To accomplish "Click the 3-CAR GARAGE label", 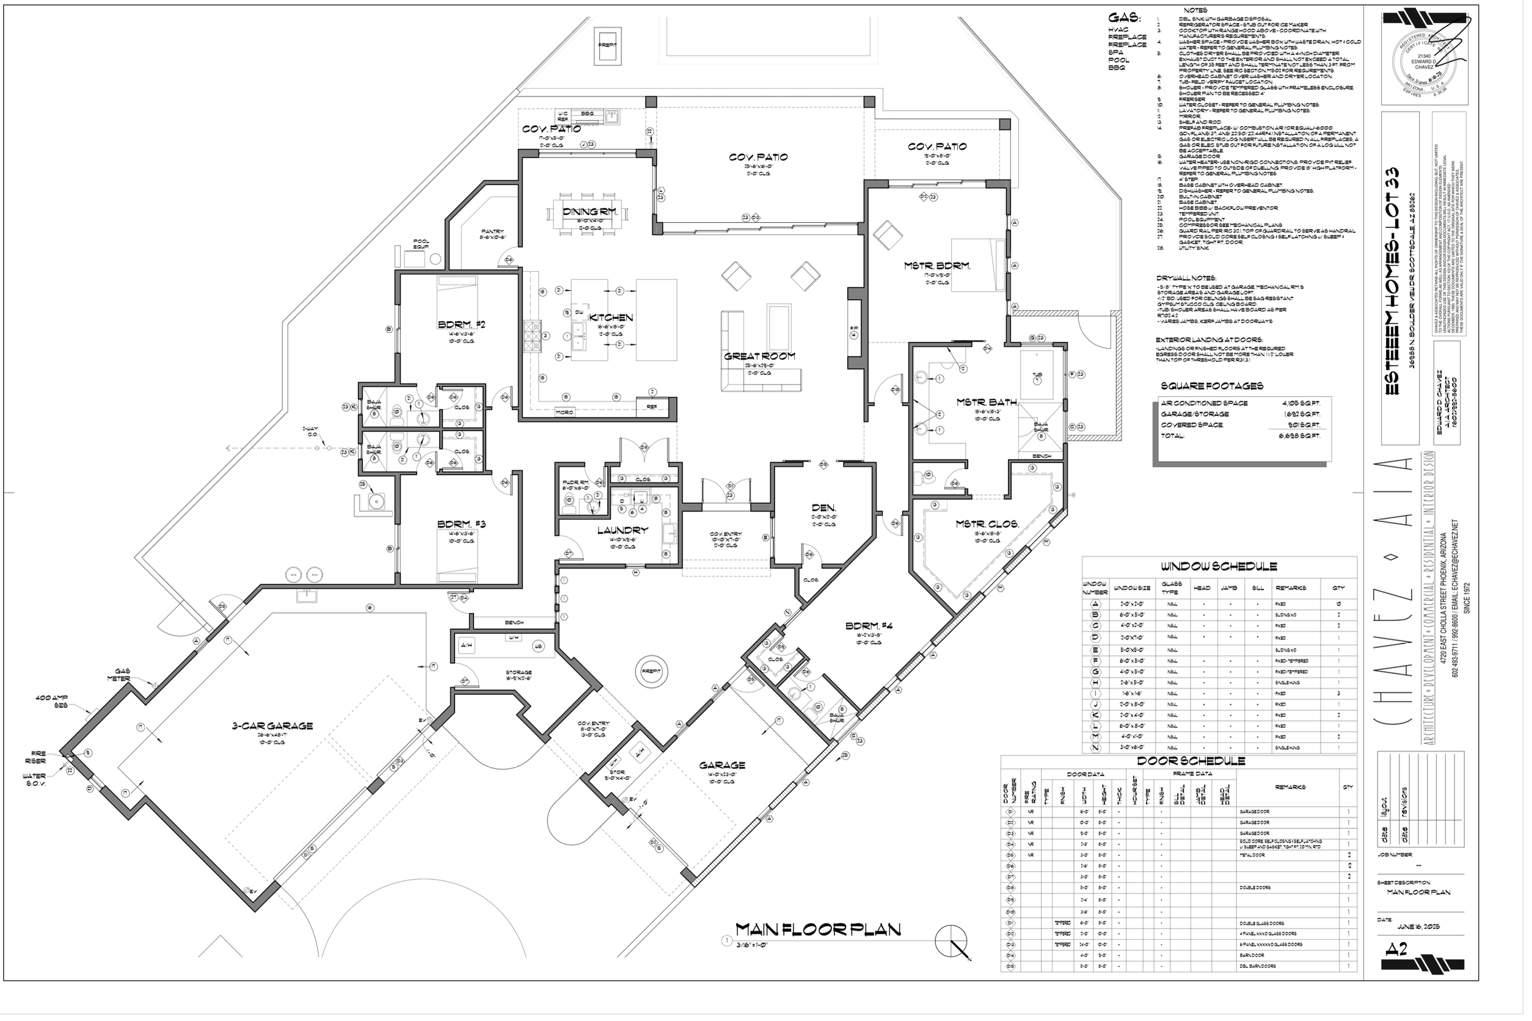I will (x=274, y=726).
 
